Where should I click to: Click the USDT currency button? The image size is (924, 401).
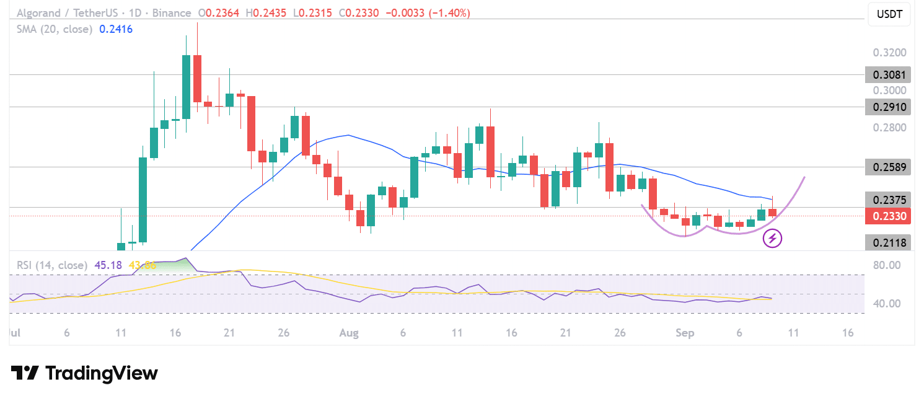(889, 14)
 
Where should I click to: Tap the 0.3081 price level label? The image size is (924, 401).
(888, 75)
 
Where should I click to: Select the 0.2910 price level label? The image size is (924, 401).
(888, 107)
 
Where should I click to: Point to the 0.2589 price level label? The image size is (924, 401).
(888, 167)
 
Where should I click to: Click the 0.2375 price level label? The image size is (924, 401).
(888, 200)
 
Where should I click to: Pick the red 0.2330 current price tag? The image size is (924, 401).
(888, 216)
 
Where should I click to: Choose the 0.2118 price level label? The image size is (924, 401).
(888, 243)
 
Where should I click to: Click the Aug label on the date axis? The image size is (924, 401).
(349, 333)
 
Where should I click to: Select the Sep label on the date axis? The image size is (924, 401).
(685, 333)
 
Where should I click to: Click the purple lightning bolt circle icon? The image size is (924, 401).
(772, 238)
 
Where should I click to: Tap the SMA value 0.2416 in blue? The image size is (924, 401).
(116, 29)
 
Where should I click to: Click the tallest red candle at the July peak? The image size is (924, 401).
(197, 78)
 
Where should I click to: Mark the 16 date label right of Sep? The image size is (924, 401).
(848, 333)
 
